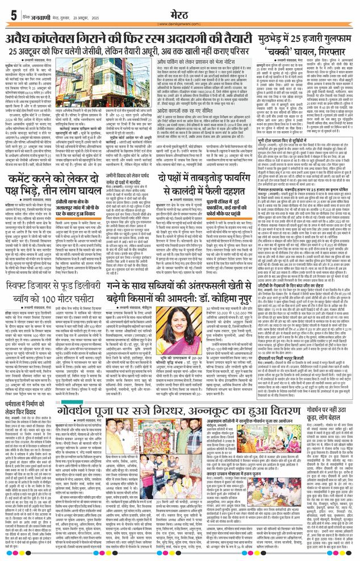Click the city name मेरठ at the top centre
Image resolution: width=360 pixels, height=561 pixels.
pyautogui.click(x=179, y=12)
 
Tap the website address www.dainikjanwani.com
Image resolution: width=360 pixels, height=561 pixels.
pyautogui.click(x=179, y=23)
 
